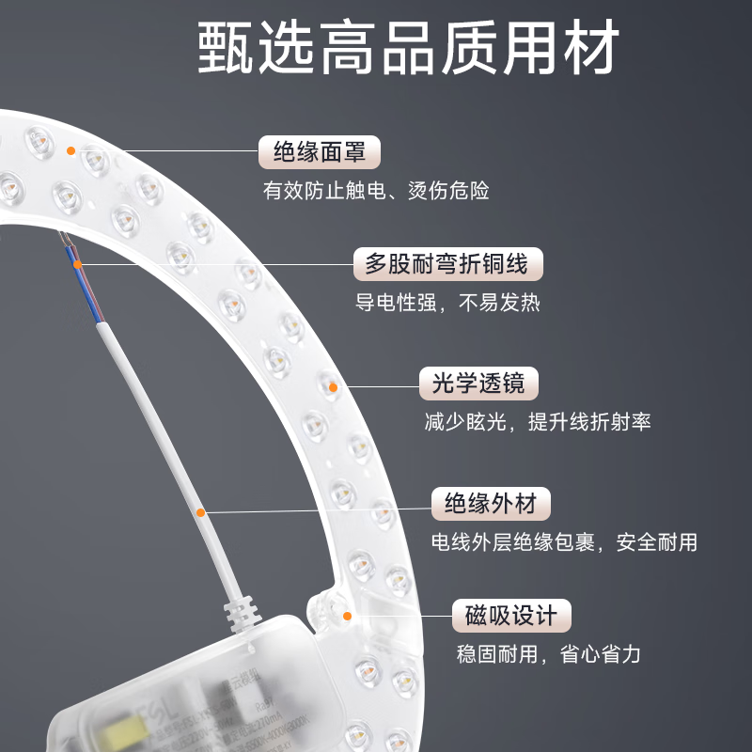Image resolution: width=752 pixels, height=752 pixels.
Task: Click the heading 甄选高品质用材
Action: pyautogui.click(x=409, y=47)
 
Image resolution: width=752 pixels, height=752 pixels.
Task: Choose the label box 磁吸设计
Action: pyautogui.click(x=511, y=616)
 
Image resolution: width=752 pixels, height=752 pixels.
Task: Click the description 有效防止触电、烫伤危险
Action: pyautogui.click(x=376, y=190)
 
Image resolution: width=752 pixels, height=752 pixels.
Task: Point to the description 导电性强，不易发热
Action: pyautogui.click(x=447, y=304)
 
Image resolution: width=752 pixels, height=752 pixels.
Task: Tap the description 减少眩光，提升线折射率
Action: pyautogui.click(x=538, y=422)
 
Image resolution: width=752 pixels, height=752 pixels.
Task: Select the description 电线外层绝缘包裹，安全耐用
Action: pyautogui.click(x=564, y=542)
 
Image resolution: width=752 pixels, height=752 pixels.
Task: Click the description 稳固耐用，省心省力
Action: pyautogui.click(x=549, y=654)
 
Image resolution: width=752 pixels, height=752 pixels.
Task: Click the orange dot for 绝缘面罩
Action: pyautogui.click(x=70, y=149)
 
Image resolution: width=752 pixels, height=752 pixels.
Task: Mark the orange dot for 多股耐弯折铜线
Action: pyautogui.click(x=79, y=263)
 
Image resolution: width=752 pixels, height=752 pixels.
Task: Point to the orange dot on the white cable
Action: pyautogui.click(x=200, y=512)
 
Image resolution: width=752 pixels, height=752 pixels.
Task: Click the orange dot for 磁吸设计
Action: pyautogui.click(x=347, y=616)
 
